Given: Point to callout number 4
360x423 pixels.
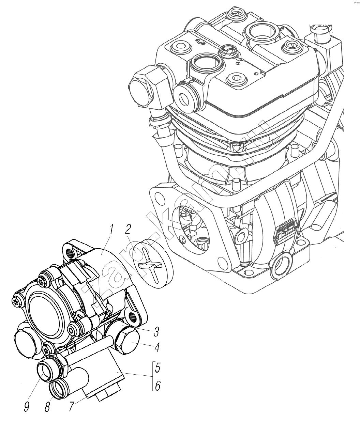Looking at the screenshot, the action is click(x=157, y=348).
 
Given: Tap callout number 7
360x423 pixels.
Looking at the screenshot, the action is click(x=71, y=406).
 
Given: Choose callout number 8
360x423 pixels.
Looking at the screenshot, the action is click(x=47, y=406).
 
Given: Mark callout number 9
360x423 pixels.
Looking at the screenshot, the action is click(x=27, y=406).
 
